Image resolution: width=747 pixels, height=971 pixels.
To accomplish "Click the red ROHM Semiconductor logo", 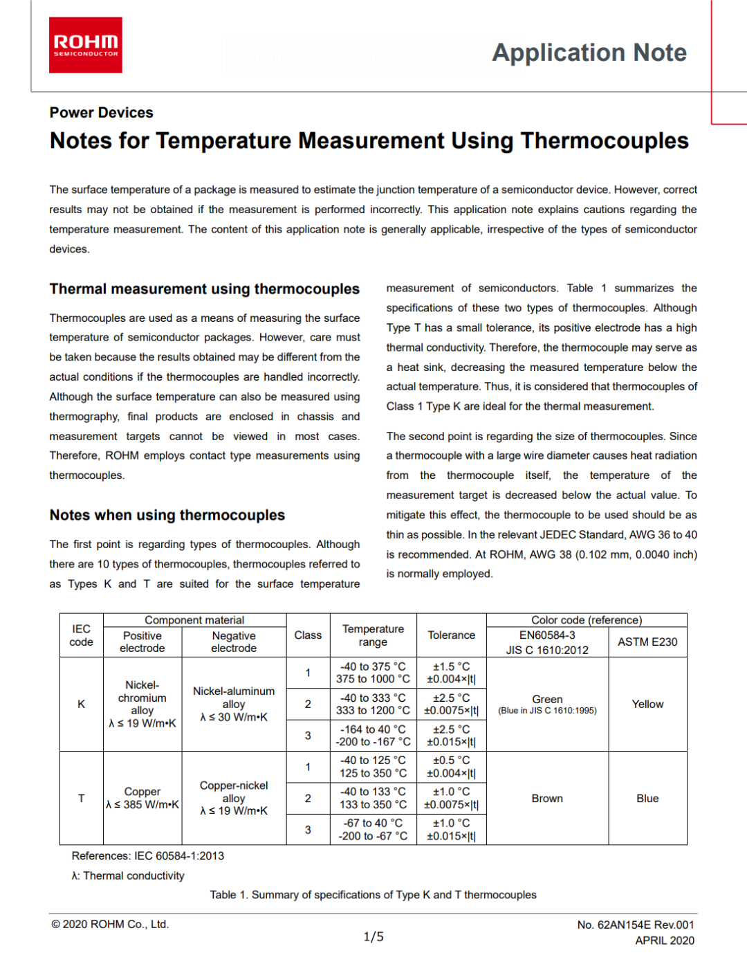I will pos(86,45).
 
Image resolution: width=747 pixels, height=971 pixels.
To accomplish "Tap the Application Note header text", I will pos(589,53).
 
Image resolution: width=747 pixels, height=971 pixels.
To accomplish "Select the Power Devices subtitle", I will pos(101,113).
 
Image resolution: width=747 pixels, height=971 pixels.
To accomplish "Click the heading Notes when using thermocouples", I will pos(167,515).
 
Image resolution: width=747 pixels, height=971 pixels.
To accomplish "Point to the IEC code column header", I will pos(81,635).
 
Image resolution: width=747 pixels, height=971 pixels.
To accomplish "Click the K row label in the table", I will pos(81,704).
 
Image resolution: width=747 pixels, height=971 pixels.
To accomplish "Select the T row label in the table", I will pos(81,798).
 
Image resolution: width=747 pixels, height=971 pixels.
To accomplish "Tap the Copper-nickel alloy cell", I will pos(234,798).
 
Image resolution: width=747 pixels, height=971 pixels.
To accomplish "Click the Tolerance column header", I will pos(451,635).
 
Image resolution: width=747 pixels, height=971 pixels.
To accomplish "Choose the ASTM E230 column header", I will pos(647,642).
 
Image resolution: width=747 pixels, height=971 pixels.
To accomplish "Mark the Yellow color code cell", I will pos(647,704).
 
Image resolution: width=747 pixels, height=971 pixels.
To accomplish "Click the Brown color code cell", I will pos(547,799).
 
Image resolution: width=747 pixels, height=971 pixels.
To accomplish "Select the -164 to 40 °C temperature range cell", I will pos(373,736).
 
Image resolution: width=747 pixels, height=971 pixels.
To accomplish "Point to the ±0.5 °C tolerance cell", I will pos(451,767).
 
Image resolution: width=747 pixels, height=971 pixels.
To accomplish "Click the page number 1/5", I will pos(373,937).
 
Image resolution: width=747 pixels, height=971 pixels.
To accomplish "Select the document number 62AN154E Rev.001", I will pos(636,925).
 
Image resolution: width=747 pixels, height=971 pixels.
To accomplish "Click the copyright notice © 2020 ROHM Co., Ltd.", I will pos(110,925).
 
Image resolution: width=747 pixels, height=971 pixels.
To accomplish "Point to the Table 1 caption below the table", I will pos(373,895).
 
